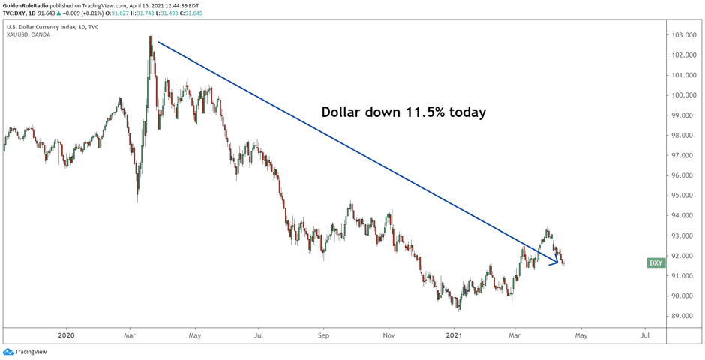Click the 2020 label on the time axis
(66, 334)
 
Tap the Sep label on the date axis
(323, 334)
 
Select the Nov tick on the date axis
(388, 334)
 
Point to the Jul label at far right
(645, 334)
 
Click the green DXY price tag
(655, 263)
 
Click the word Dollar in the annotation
(343, 112)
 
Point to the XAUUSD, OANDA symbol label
(28, 34)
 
